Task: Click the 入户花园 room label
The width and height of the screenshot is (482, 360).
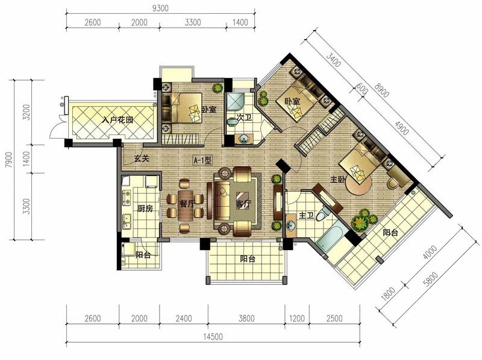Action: (117, 119)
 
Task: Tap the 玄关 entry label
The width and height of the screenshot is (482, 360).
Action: (142, 159)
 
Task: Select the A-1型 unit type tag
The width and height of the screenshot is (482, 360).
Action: (202, 160)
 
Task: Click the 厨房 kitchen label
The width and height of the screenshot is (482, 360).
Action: (145, 209)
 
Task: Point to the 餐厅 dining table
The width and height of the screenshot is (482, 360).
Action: (186, 204)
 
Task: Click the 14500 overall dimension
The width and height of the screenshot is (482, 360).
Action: (213, 336)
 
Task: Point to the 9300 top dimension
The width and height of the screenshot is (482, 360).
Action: (160, 8)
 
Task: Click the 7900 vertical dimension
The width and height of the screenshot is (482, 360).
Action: (9, 160)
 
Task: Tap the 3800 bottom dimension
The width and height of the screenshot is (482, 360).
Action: (246, 318)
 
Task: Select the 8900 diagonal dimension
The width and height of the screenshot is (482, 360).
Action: (381, 89)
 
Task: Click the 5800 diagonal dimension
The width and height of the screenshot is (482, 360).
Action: (430, 279)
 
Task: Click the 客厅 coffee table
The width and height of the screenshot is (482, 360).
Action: (243, 200)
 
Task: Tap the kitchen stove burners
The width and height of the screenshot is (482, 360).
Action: (127, 197)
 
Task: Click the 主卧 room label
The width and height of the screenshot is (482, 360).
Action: (337, 179)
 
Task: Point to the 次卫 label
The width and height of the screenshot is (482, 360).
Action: (244, 118)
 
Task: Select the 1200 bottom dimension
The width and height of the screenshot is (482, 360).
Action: (297, 318)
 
